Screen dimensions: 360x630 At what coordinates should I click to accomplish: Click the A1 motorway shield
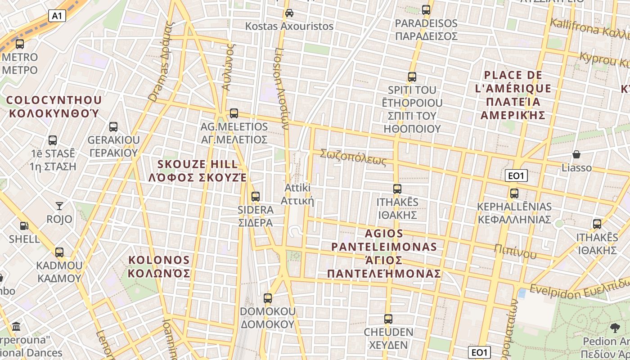[57, 16]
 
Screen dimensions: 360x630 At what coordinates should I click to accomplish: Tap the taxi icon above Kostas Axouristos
[289, 13]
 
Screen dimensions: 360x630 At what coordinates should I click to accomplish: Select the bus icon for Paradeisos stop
[426, 9]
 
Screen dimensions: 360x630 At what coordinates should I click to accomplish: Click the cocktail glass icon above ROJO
[59, 206]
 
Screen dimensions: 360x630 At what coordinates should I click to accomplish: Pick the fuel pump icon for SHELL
[24, 226]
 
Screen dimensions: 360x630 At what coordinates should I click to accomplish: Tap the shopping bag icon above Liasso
[576, 154]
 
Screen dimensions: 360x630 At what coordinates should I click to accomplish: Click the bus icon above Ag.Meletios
[234, 113]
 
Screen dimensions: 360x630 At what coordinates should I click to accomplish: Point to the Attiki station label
[297, 194]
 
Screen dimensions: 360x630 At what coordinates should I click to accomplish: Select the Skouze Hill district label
[198, 171]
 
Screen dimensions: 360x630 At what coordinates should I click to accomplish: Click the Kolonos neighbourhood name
[159, 266]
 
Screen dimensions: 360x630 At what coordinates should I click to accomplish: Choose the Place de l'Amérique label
[513, 95]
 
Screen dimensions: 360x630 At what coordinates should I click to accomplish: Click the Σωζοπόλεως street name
[353, 157]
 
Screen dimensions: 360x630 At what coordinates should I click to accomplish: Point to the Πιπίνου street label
[515, 251]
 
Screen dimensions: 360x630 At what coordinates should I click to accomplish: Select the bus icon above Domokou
[268, 298]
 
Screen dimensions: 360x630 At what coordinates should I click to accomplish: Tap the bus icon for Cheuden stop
[388, 319]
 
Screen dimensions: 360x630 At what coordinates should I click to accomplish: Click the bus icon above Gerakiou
[113, 127]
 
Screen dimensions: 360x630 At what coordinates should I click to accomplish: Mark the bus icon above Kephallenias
[514, 193]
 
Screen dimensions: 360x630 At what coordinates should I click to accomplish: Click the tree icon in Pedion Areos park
[615, 328]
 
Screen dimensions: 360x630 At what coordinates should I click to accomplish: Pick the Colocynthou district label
[54, 106]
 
